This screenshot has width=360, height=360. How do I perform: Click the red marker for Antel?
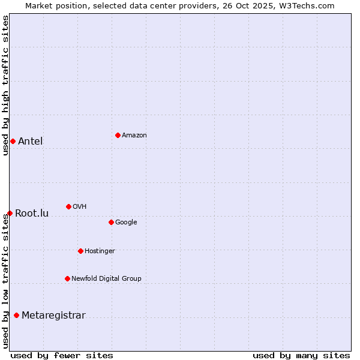click(x=13, y=141)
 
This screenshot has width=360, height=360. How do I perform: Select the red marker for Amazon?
click(x=118, y=135)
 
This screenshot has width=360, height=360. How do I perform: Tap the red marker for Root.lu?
click(x=10, y=213)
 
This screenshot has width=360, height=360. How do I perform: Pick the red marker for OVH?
click(x=68, y=206)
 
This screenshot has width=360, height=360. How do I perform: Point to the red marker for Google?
click(x=111, y=222)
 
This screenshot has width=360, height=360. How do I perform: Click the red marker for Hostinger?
click(x=80, y=251)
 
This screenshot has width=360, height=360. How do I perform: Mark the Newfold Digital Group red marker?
click(x=67, y=278)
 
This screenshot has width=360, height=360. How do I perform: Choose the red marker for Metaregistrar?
click(x=16, y=316)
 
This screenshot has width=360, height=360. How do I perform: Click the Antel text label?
click(x=30, y=142)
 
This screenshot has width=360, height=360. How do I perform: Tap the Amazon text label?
click(x=134, y=136)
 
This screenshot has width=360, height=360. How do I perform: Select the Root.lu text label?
click(x=32, y=214)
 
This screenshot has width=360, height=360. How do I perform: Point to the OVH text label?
click(x=79, y=207)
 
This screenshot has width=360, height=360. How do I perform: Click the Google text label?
click(x=126, y=223)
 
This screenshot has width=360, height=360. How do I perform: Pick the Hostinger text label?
click(x=100, y=251)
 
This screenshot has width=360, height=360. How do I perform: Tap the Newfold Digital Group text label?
click(x=106, y=279)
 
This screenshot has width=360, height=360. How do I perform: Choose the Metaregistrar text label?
click(x=53, y=316)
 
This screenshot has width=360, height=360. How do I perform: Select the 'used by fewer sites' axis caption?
click(x=62, y=355)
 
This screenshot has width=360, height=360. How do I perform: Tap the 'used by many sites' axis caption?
click(x=301, y=355)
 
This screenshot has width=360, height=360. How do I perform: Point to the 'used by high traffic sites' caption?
click(x=5, y=85)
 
